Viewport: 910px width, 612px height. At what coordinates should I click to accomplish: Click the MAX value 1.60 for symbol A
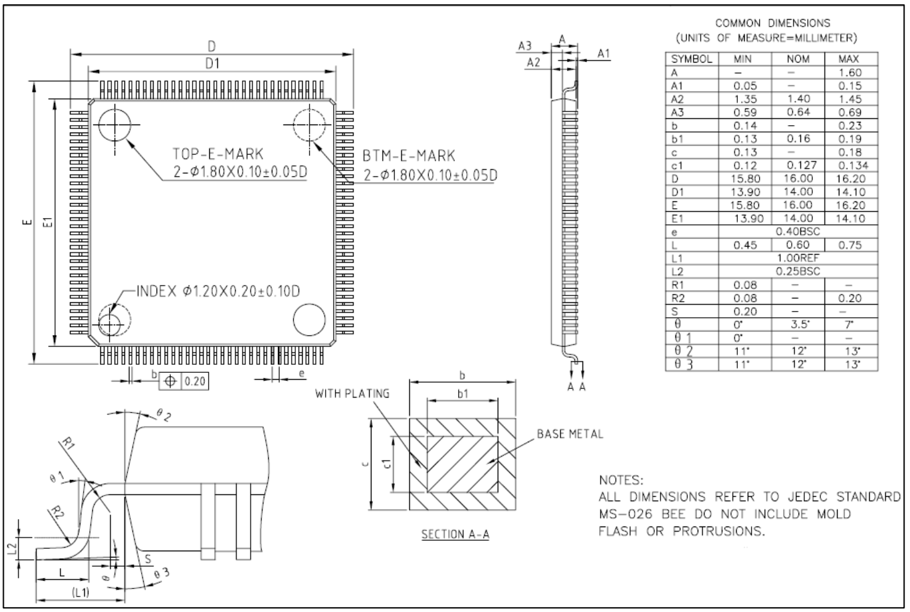tap(850, 72)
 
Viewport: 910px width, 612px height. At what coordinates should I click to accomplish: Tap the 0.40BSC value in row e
tap(798, 232)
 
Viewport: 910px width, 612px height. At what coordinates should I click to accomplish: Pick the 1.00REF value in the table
tap(798, 258)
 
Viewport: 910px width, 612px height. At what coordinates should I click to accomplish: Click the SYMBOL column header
tap(691, 59)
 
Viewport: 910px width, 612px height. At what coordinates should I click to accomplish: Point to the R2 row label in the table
tap(678, 299)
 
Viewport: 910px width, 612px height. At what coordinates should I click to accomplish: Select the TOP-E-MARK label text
tap(218, 154)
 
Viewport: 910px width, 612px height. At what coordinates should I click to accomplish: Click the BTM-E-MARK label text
tap(409, 156)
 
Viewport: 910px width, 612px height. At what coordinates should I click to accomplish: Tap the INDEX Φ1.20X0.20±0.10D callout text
tap(218, 291)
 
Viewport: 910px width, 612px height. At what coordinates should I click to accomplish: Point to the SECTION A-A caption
tap(455, 534)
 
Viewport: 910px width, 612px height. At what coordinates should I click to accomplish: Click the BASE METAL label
tap(570, 434)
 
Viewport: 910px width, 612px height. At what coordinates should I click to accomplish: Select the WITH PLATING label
tap(352, 393)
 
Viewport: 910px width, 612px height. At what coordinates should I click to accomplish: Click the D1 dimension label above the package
tap(212, 64)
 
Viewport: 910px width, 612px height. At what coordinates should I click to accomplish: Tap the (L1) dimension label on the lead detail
tap(80, 593)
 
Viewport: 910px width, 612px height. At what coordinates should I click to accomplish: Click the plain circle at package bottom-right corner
tap(309, 320)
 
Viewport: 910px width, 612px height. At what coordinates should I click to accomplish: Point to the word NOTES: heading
tap(621, 480)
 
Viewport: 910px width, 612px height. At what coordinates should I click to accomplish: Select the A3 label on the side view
tap(525, 46)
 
